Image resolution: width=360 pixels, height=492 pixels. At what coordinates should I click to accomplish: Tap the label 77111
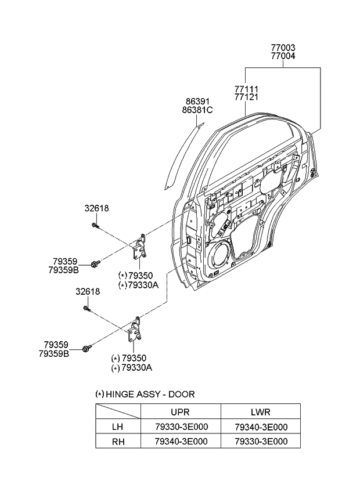coord(246,89)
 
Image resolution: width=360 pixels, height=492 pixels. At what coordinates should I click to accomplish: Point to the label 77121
coord(246,97)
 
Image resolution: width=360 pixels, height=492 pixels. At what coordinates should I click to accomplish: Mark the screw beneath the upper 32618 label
coord(95,225)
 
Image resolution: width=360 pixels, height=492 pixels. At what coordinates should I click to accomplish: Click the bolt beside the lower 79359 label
coord(88,348)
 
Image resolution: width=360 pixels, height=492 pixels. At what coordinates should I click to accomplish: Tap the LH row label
coord(118,426)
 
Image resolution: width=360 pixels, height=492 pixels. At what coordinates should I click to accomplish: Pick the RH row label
coord(118,441)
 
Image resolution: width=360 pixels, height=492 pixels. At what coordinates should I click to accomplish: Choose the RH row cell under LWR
coord(261,441)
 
